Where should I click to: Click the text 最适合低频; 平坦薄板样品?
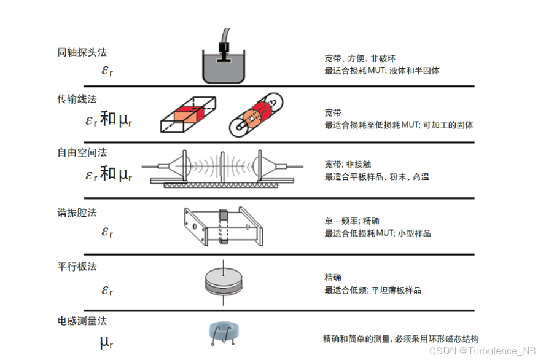[x=372, y=290]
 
